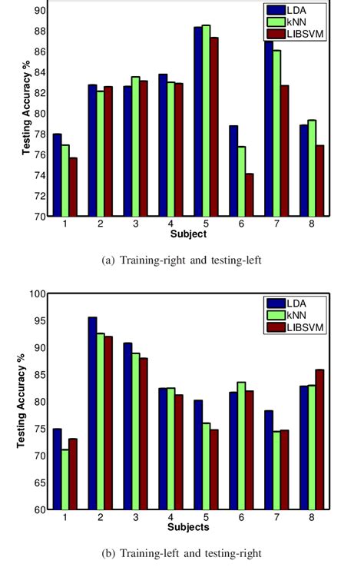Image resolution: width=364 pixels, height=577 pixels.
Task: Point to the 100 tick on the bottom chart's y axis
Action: pos(37,293)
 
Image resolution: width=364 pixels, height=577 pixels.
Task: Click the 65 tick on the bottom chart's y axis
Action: pos(39,482)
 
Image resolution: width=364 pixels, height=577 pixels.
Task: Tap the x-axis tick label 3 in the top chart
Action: pos(136,224)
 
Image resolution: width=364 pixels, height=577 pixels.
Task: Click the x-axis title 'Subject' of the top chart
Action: pos(188,233)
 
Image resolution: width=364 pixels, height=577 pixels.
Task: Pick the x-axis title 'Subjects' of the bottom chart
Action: pos(187,529)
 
